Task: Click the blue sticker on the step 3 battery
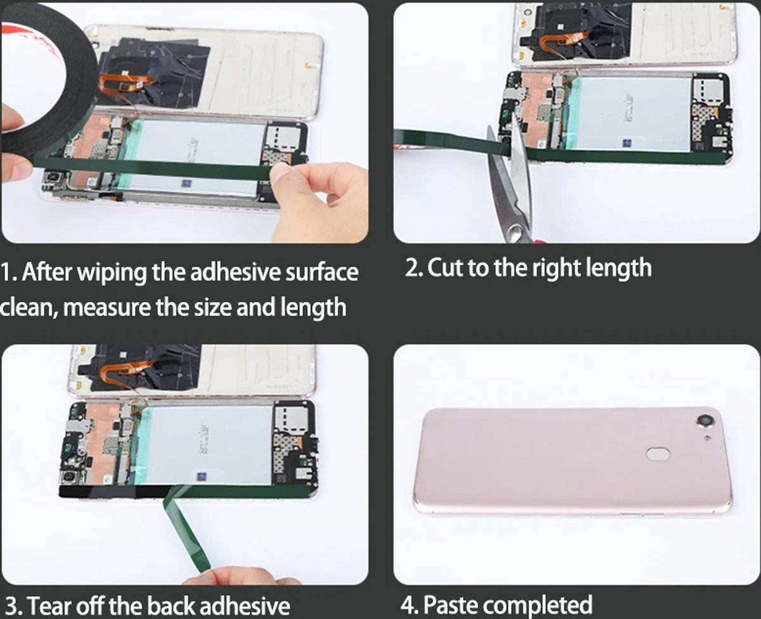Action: coord(202,477)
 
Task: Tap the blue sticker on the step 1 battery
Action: coord(186,184)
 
